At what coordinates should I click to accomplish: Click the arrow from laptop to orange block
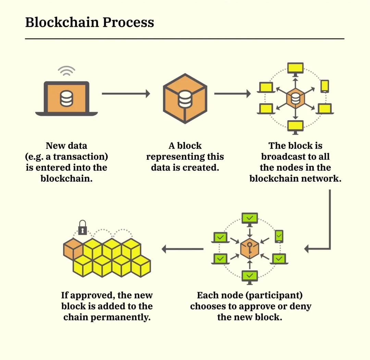click(x=126, y=94)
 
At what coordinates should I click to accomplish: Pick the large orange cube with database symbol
click(x=185, y=98)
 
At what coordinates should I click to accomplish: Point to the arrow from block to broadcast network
click(x=232, y=94)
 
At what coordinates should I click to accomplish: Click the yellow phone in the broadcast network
click(x=325, y=86)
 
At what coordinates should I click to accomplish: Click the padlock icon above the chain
click(x=83, y=228)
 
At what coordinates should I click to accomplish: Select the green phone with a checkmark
click(x=279, y=236)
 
